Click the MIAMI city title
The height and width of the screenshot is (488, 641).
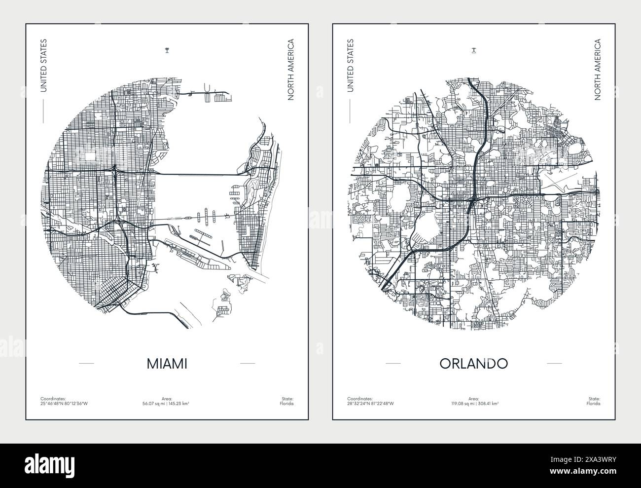click(x=167, y=364)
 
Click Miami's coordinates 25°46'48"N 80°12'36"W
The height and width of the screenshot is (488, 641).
click(x=64, y=404)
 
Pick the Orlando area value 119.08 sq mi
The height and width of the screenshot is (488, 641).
click(x=461, y=404)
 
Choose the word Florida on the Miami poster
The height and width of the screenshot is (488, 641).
click(x=287, y=404)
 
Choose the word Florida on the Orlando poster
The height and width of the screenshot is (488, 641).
click(x=594, y=404)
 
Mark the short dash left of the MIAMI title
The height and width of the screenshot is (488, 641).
click(x=86, y=364)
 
